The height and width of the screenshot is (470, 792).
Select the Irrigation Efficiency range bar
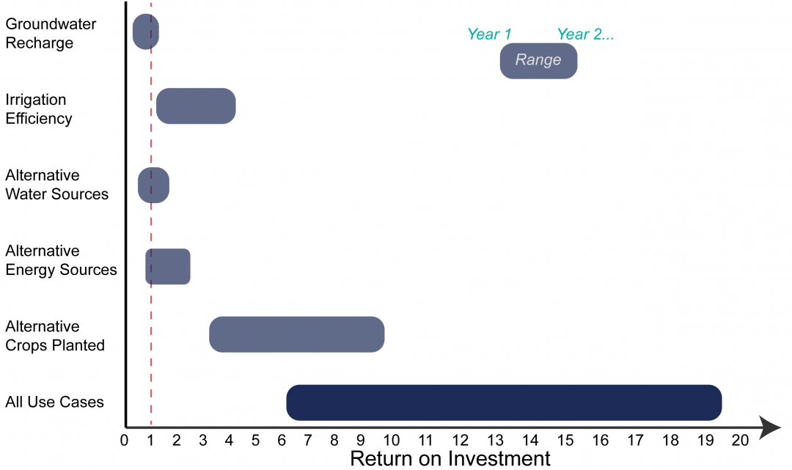pyautogui.click(x=196, y=106)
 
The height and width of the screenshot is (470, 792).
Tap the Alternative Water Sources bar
pyautogui.click(x=153, y=185)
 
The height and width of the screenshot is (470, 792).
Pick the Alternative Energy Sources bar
pyautogui.click(x=168, y=266)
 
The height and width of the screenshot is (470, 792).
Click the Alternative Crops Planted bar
pyautogui.click(x=296, y=334)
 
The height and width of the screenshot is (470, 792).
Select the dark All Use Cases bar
pyautogui.click(x=504, y=402)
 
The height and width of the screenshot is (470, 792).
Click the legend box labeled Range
pyautogui.click(x=538, y=60)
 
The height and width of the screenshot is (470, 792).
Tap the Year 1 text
pyautogui.click(x=489, y=34)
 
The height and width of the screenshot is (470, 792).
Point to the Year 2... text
pyautogui.click(x=585, y=34)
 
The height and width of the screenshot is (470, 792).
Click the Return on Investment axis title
pyautogui.click(x=450, y=459)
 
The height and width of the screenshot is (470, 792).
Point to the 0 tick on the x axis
pyautogui.click(x=124, y=441)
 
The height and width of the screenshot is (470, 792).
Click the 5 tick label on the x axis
pyautogui.click(x=255, y=441)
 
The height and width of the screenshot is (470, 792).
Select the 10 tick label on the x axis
pyautogui.click(x=390, y=441)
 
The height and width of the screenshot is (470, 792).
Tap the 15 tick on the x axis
pyautogui.click(x=565, y=441)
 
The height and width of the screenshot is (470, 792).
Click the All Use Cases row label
pyautogui.click(x=54, y=402)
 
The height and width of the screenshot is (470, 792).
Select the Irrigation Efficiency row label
pyautogui.click(x=39, y=109)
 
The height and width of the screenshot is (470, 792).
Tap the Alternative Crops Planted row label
pyautogui.click(x=54, y=336)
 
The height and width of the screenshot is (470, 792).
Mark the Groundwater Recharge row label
pyautogui.click(x=51, y=34)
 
